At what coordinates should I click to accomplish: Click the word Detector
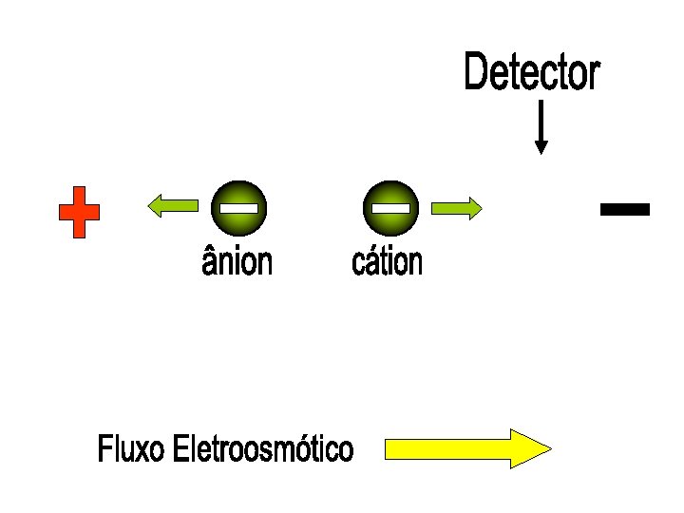532,73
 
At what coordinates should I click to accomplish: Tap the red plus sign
79,212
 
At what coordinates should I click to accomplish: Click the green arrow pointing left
172,204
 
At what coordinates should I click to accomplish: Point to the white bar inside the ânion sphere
237,207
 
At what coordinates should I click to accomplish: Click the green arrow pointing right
457,208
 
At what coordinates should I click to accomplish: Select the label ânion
237,261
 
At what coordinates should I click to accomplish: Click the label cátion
387,261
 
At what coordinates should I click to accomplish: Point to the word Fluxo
131,449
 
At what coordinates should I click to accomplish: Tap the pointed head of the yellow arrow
532,448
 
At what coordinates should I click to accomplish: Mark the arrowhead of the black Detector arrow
541,147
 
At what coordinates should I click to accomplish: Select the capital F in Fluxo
104,449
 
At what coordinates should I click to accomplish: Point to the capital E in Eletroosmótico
180,449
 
